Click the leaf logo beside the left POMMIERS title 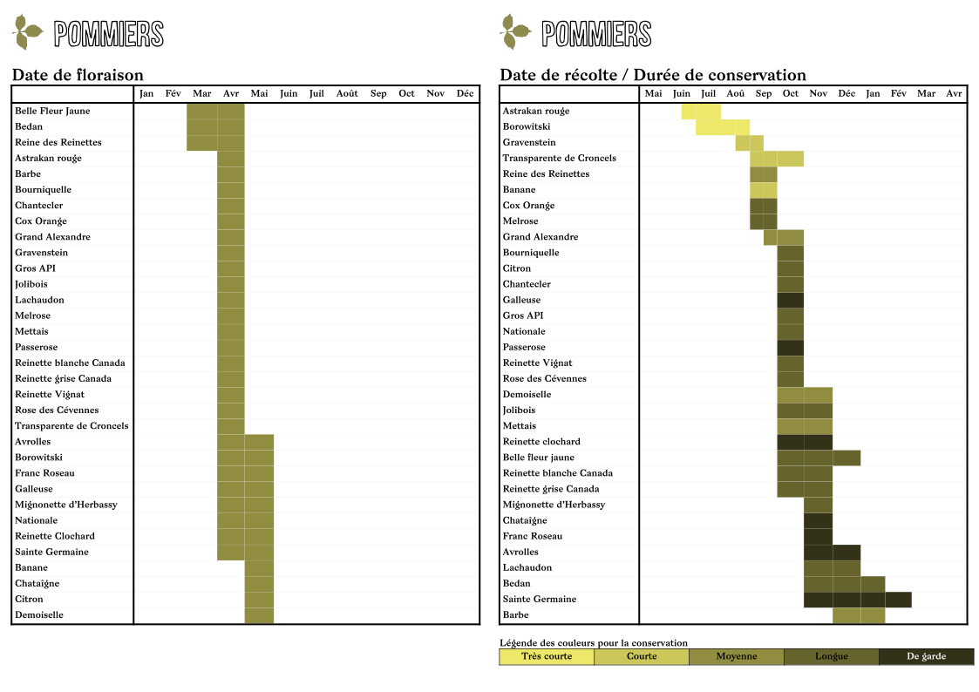click(x=29, y=33)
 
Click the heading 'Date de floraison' click(x=78, y=75)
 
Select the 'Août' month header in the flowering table click(x=347, y=93)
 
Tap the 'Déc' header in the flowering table click(x=465, y=93)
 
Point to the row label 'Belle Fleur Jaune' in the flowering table click(x=52, y=111)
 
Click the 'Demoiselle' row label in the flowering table click(x=39, y=614)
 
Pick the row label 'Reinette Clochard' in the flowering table click(x=55, y=536)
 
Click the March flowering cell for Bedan click(x=202, y=126)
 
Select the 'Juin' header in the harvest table click(x=682, y=93)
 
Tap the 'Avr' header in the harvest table click(x=954, y=93)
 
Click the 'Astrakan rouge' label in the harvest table click(x=536, y=111)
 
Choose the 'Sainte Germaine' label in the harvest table click(x=540, y=599)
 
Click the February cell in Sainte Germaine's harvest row click(x=899, y=600)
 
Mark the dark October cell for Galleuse click(x=791, y=300)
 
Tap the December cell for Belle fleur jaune click(x=846, y=458)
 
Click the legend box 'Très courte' click(x=547, y=656)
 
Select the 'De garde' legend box click(x=926, y=656)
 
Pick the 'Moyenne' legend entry click(x=737, y=656)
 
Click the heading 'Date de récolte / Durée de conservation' click(x=653, y=75)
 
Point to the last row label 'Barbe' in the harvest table click(x=516, y=614)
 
